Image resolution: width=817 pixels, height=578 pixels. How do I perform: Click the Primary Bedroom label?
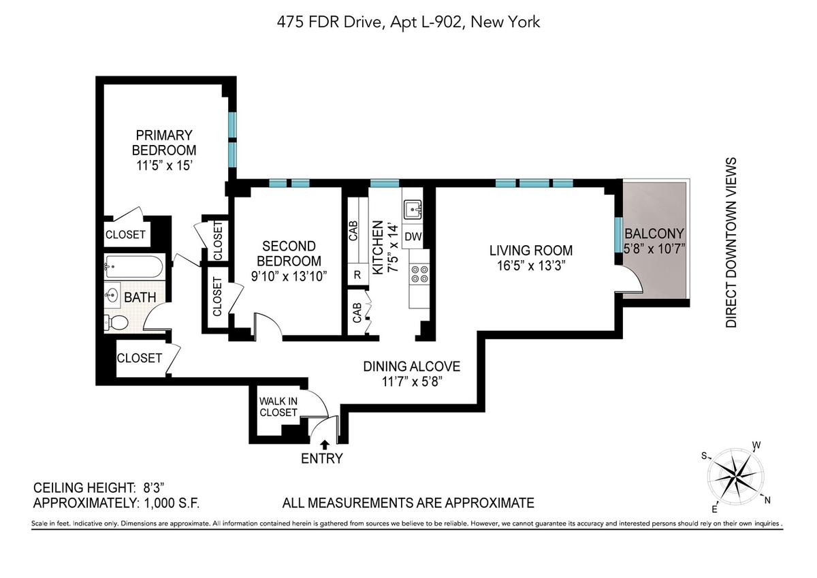[164, 142]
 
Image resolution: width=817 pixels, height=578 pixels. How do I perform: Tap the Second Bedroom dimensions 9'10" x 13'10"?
[289, 276]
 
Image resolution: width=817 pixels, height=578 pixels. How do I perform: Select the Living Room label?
[531, 251]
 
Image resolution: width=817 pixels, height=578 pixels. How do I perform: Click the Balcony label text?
[654, 234]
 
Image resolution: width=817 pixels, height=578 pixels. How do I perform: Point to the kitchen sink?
[413, 210]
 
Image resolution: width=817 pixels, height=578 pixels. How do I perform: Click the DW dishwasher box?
[413, 236]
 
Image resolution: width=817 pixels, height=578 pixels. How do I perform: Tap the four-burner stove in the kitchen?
[419, 274]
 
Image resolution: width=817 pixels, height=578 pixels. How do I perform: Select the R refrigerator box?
[357, 275]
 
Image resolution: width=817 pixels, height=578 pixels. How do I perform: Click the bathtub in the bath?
[133, 268]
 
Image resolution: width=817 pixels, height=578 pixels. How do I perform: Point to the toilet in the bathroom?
[116, 322]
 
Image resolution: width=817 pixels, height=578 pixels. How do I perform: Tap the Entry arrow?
[325, 444]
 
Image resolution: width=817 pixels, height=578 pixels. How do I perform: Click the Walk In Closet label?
[278, 406]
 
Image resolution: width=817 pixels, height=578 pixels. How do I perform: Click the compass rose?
[735, 476]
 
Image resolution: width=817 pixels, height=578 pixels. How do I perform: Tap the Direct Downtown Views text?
[731, 242]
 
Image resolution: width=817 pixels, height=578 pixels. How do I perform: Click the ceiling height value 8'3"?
[154, 487]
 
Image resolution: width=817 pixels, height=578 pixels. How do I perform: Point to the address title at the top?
[408, 22]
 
